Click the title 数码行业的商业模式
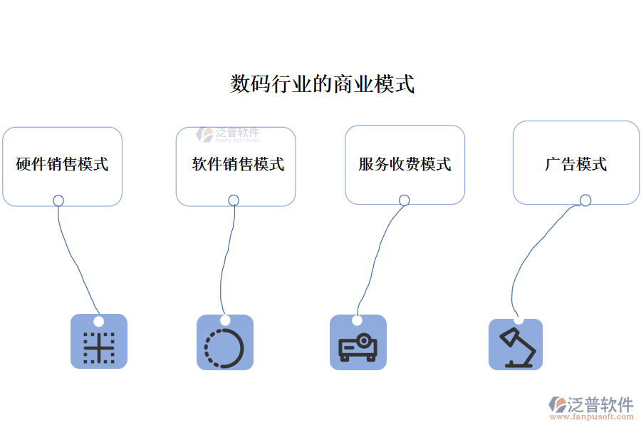click(x=322, y=84)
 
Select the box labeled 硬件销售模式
click(x=62, y=165)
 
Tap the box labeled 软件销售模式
click(x=236, y=165)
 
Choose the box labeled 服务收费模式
click(x=405, y=165)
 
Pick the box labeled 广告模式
click(x=575, y=163)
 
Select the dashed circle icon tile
click(x=224, y=343)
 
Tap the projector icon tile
click(x=358, y=344)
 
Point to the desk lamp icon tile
click(x=515, y=345)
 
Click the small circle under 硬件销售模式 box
click(x=58, y=200)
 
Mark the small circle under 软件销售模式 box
click(x=234, y=200)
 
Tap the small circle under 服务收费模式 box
click(x=405, y=200)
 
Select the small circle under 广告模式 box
click(x=585, y=200)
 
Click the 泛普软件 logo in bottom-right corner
click(x=591, y=405)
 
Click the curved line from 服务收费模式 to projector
click(x=375, y=257)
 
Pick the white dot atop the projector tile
click(x=357, y=320)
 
